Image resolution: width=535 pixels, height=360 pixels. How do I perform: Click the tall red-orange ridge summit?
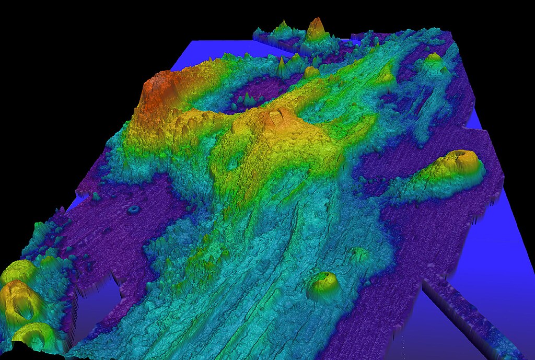point(157,86)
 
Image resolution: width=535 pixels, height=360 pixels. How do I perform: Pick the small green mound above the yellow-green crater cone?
point(359,254)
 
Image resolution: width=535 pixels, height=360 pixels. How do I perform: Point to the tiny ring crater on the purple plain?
point(134,210)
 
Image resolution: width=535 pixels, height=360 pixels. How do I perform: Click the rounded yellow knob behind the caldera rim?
point(311,72)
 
